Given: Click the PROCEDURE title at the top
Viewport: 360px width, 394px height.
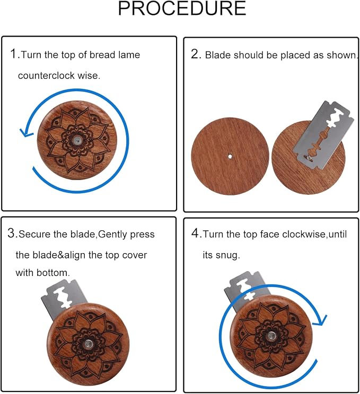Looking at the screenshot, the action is pyautogui.click(x=182, y=8).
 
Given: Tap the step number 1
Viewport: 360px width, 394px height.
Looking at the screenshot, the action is pyautogui.click(x=14, y=54).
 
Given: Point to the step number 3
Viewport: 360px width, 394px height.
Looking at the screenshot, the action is pyautogui.click(x=11, y=233).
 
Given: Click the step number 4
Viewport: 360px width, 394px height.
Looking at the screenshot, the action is pyautogui.click(x=196, y=233).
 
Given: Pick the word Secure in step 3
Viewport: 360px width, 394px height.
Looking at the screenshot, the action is pyautogui.click(x=34, y=234).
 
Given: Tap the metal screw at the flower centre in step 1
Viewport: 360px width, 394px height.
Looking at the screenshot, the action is pyautogui.click(x=77, y=140).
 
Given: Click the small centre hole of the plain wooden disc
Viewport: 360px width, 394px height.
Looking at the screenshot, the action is pyautogui.click(x=230, y=157).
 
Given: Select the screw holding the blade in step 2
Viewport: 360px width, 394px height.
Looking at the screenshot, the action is pyautogui.click(x=309, y=158).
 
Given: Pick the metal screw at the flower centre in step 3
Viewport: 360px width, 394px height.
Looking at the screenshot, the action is pyautogui.click(x=89, y=344).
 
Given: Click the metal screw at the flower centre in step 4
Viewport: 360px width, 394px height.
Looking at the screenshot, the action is pyautogui.click(x=271, y=336).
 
